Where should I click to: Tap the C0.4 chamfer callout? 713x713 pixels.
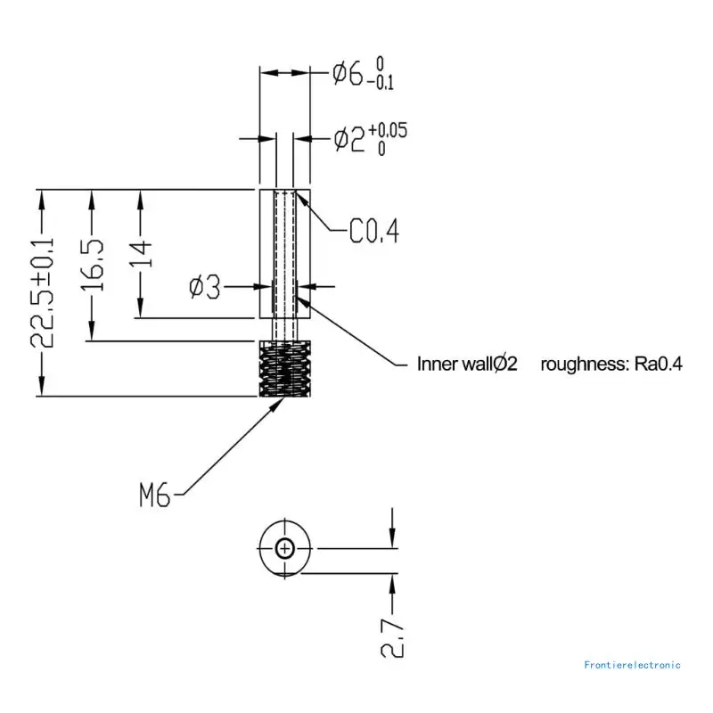pyautogui.click(x=373, y=233)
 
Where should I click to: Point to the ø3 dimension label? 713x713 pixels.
pyautogui.click(x=204, y=287)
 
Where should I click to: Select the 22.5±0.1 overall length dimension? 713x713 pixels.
pyautogui.click(x=43, y=292)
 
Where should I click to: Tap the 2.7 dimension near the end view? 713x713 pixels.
pyautogui.click(x=393, y=634)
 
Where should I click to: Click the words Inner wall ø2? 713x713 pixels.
pyautogui.click(x=466, y=364)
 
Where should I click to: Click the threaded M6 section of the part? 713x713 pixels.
pyautogui.click(x=284, y=368)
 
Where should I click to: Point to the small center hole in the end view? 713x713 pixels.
pyautogui.click(x=284, y=549)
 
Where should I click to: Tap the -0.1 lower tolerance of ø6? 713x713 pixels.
pyautogui.click(x=384, y=82)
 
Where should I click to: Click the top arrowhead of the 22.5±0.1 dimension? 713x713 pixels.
pyautogui.click(x=42, y=198)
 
